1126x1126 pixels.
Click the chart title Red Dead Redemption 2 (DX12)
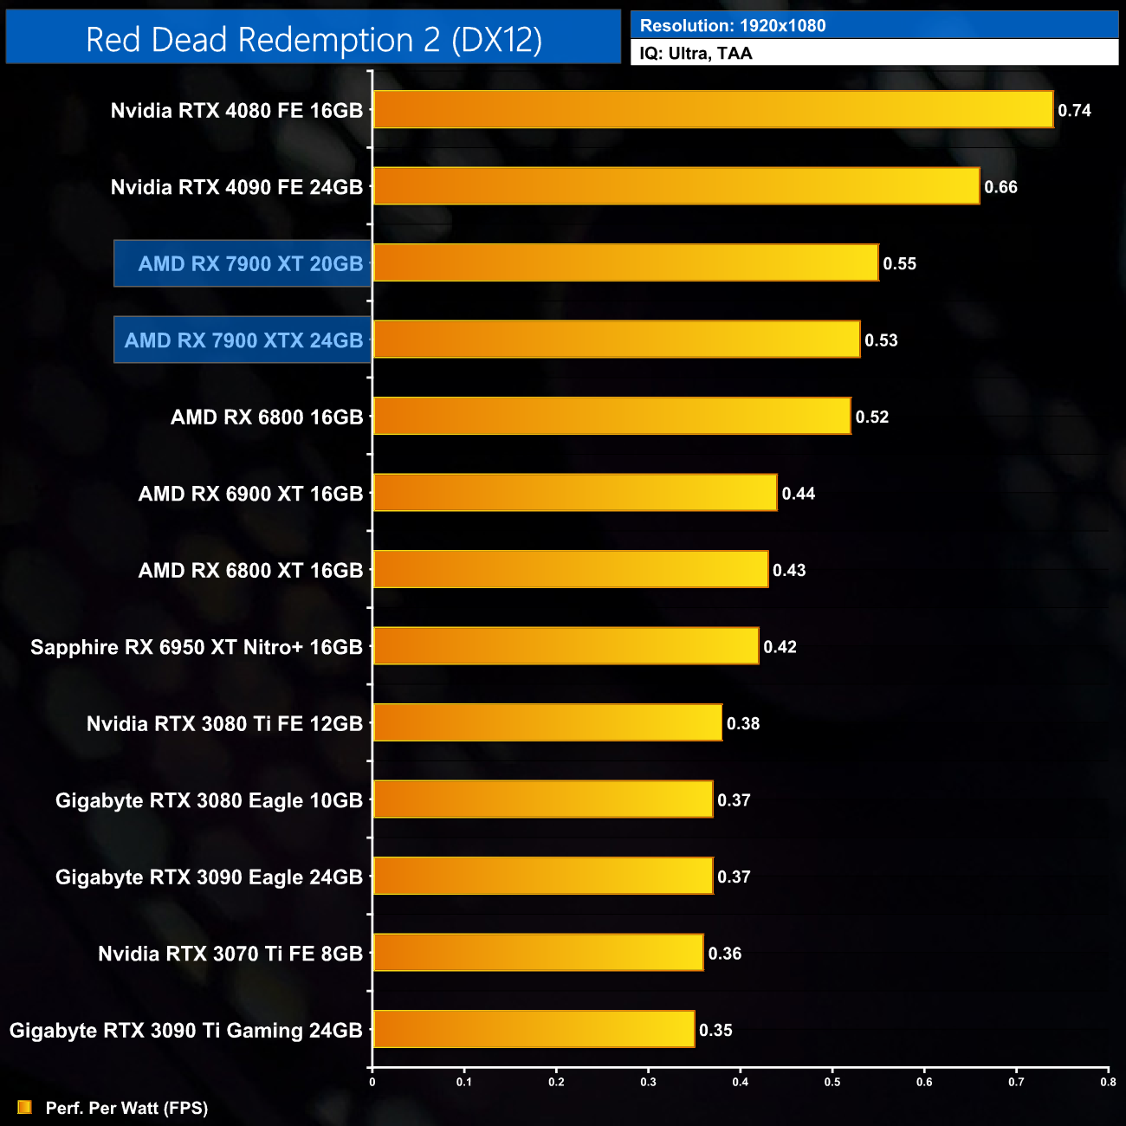(314, 40)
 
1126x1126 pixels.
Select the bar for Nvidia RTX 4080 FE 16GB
(713, 110)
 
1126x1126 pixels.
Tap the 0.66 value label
(1000, 187)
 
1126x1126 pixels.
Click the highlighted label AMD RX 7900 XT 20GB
(250, 264)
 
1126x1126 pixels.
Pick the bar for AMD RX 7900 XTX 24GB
(616, 340)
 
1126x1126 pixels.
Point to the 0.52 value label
(872, 417)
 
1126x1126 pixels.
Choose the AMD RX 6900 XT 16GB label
(250, 494)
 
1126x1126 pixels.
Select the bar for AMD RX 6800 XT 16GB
(570, 569)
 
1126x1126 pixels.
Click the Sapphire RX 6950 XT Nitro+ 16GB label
(197, 647)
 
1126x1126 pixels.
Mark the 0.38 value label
(743, 723)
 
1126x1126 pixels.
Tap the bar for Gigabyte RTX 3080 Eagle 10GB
(542, 799)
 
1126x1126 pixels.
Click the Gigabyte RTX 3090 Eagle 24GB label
(209, 877)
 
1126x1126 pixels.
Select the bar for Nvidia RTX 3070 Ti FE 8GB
(538, 953)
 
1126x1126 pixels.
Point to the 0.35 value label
(715, 1030)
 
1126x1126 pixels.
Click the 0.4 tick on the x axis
(741, 1082)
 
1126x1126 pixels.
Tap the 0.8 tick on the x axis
(1108, 1082)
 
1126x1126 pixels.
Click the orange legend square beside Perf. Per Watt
(24, 1108)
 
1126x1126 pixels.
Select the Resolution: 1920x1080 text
(733, 26)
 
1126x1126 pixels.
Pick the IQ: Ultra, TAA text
(696, 54)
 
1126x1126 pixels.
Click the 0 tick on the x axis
(372, 1082)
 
